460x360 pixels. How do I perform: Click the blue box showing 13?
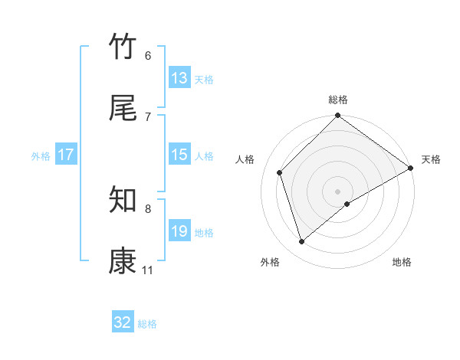pyautogui.click(x=179, y=78)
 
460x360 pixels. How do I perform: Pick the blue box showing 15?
pyautogui.click(x=179, y=155)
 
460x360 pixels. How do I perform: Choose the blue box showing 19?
pyautogui.click(x=179, y=231)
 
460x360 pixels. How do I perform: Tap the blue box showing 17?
pyautogui.click(x=66, y=155)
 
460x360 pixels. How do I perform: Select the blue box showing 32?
pyautogui.click(x=123, y=323)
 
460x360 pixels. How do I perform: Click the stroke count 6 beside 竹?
pyautogui.click(x=148, y=56)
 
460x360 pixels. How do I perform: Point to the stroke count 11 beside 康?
pyautogui.click(x=147, y=270)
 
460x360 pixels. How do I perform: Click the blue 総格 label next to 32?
pyautogui.click(x=147, y=324)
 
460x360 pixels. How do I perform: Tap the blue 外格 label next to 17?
pyautogui.click(x=41, y=155)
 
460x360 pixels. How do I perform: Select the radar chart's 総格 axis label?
pyautogui.click(x=338, y=100)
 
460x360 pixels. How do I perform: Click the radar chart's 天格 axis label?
pyautogui.click(x=431, y=159)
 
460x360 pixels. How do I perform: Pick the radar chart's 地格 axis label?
pyautogui.click(x=402, y=262)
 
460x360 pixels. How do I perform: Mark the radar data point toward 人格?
pyautogui.click(x=280, y=172)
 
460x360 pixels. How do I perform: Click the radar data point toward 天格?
pyautogui.click(x=410, y=168)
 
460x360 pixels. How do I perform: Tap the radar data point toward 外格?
pyautogui.click(x=301, y=241)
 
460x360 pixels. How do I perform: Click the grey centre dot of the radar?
pyautogui.click(x=338, y=191)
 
